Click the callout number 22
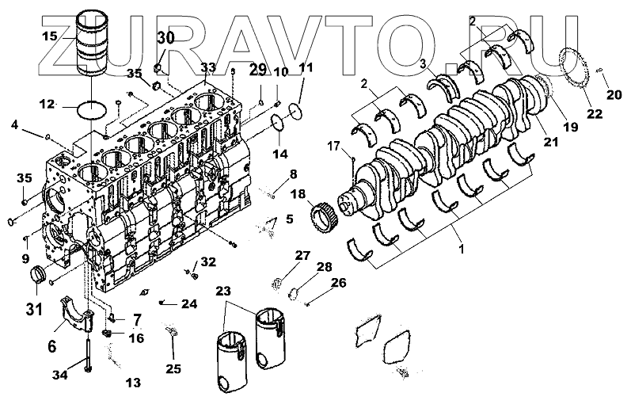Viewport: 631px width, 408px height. pyautogui.click(x=594, y=113)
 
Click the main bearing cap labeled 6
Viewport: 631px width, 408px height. pyautogui.click(x=80, y=315)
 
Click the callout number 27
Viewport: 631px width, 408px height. pyautogui.click(x=304, y=254)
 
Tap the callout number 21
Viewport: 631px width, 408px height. pyautogui.click(x=549, y=142)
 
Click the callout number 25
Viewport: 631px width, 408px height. pyautogui.click(x=172, y=368)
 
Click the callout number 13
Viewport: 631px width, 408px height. pyautogui.click(x=132, y=383)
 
